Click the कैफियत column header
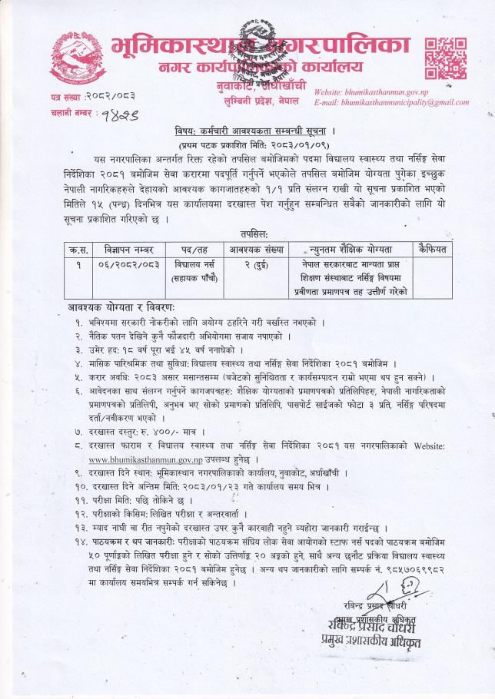click(x=434, y=250)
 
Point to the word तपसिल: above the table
click(x=247, y=235)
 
